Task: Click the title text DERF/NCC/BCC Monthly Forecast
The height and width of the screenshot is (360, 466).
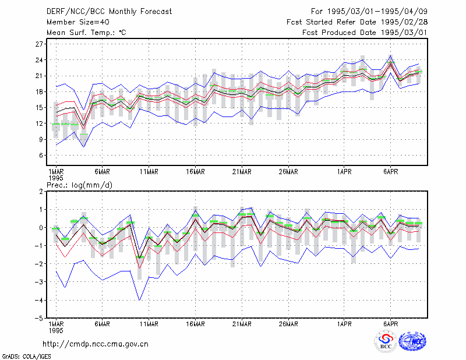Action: point(109,12)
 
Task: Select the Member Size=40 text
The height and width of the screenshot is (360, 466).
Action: point(78,22)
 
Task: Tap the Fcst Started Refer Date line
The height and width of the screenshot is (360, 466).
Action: point(357,22)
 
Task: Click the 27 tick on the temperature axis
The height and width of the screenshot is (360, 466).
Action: point(39,44)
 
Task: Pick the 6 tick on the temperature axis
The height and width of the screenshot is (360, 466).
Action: point(41,155)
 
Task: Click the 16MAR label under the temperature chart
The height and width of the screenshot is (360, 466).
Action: point(195,172)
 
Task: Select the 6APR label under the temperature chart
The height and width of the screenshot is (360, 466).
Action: point(390,172)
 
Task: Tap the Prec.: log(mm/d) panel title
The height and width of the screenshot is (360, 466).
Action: point(79,185)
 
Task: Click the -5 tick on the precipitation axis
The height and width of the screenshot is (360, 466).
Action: point(38,318)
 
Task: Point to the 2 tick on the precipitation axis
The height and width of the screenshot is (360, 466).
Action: point(41,192)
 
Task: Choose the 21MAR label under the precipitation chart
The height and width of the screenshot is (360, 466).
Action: point(242,324)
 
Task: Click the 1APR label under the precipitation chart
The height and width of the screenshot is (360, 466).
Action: point(344,324)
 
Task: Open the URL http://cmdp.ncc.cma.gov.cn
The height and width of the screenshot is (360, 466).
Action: point(96,344)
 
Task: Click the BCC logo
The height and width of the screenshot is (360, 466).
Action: point(386,342)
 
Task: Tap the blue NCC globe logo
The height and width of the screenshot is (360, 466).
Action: point(412,341)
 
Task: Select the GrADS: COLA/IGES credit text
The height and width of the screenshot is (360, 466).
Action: point(26,357)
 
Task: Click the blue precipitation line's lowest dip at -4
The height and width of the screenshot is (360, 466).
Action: point(139,300)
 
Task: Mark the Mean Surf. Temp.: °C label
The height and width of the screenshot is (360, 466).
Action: point(86,33)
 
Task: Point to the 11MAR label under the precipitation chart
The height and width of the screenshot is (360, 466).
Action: point(149,324)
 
